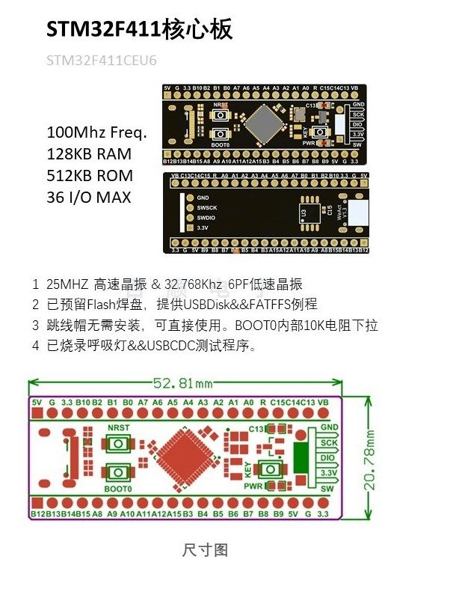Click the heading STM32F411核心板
point(140,29)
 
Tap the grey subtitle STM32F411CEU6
point(102,60)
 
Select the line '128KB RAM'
point(89,154)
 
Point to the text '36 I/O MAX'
point(89,198)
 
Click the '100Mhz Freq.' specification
point(97,132)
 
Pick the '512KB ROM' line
point(90,176)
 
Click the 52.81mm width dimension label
point(182,383)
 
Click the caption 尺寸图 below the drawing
point(205,550)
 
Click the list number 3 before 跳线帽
point(35,326)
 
